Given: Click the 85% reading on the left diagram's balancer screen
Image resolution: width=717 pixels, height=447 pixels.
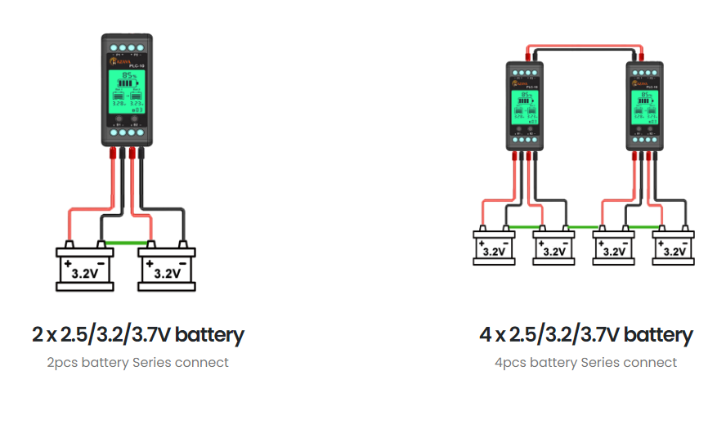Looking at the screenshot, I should (128, 75).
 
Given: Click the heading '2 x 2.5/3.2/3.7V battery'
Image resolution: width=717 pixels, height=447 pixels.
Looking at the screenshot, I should (138, 334).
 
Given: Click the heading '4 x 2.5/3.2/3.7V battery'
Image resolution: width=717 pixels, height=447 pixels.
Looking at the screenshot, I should (585, 334).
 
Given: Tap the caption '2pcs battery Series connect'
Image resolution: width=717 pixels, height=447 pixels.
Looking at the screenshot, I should (138, 362).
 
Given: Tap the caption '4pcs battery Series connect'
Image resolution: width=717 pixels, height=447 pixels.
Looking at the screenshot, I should (585, 362).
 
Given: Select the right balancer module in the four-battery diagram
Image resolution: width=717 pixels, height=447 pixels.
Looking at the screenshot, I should (646, 105).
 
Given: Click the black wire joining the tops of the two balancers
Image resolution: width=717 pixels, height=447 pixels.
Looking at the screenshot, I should (585, 50).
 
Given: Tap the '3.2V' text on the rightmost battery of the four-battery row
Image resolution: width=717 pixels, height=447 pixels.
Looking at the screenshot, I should (674, 252).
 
